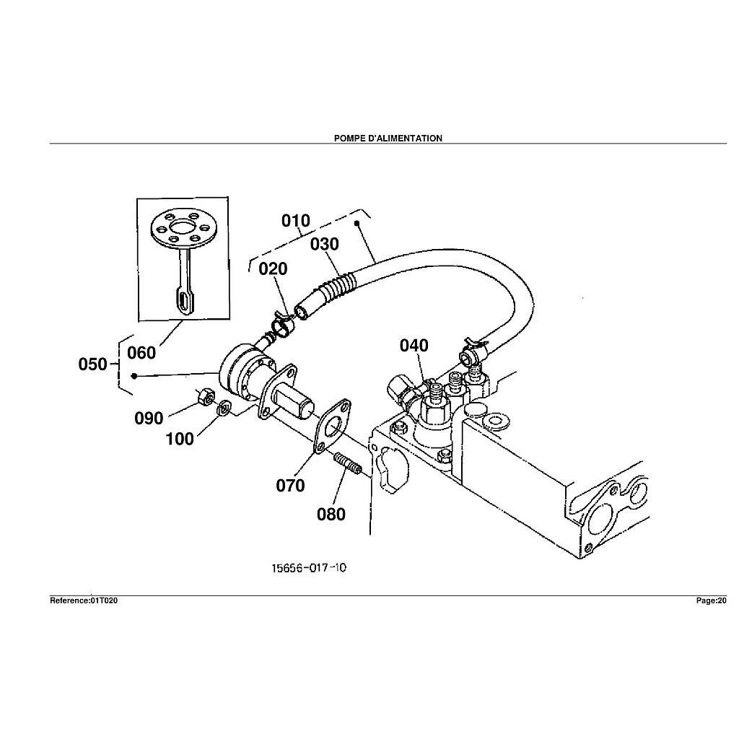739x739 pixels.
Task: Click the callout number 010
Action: pyautogui.click(x=296, y=220)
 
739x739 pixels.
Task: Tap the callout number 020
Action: pyautogui.click(x=273, y=268)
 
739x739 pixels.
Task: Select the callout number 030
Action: pyautogui.click(x=325, y=245)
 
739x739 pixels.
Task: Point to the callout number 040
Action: pyautogui.click(x=414, y=346)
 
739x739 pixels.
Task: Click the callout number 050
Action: pyautogui.click(x=93, y=364)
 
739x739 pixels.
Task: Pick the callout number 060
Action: pyautogui.click(x=141, y=353)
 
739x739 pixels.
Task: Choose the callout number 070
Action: pyautogui.click(x=290, y=486)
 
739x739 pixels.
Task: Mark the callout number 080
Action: pyautogui.click(x=331, y=514)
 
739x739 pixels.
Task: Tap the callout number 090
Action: pyautogui.click(x=149, y=418)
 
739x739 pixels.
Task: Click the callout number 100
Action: pyautogui.click(x=180, y=438)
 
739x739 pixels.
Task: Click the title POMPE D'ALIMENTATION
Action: pyautogui.click(x=388, y=138)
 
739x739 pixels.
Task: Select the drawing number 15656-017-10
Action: pyautogui.click(x=309, y=568)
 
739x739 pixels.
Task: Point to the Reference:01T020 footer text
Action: pyautogui.click(x=84, y=600)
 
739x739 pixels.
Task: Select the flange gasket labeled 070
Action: pyautogui.click(x=332, y=426)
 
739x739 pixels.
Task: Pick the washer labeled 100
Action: pyautogui.click(x=224, y=408)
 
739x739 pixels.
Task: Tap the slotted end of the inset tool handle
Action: pyautogui.click(x=184, y=301)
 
